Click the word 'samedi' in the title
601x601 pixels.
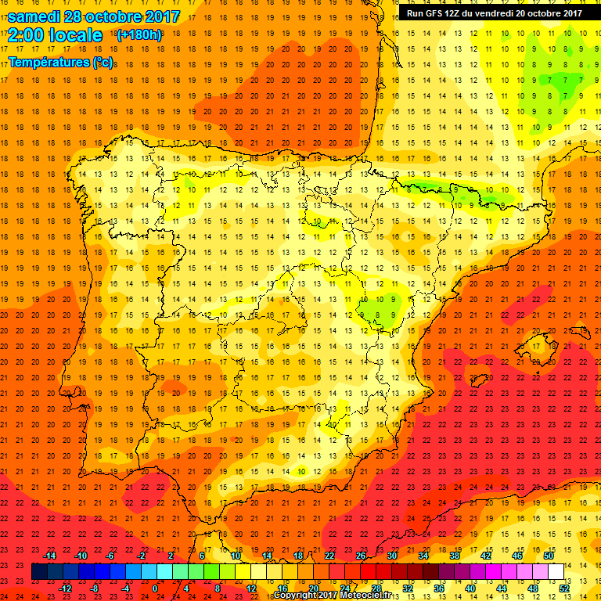click(x=35, y=16)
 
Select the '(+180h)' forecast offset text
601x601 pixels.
click(x=139, y=35)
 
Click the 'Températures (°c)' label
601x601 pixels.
click(x=59, y=62)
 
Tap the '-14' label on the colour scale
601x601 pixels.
click(x=49, y=556)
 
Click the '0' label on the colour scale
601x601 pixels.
click(x=156, y=588)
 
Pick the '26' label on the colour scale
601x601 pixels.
click(x=361, y=556)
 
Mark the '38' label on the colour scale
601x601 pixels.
click(x=454, y=556)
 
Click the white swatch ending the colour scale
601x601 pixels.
click(x=556, y=572)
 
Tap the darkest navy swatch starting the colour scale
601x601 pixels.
click(x=39, y=572)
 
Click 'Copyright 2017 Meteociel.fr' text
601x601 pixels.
click(x=332, y=596)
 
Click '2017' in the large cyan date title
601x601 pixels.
click(x=163, y=16)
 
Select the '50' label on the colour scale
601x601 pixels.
click(x=548, y=556)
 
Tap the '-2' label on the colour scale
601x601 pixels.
click(x=141, y=556)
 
